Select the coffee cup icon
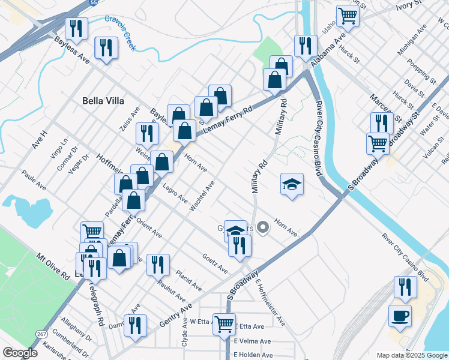[400, 316]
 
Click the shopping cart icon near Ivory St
[347, 16]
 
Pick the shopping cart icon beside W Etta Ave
[224, 324]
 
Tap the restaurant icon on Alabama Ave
[305, 46]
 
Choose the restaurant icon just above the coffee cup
[405, 287]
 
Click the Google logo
[20, 353]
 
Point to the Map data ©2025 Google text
[412, 355]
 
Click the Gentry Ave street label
[176, 315]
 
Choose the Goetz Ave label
[215, 262]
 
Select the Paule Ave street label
[34, 179]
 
